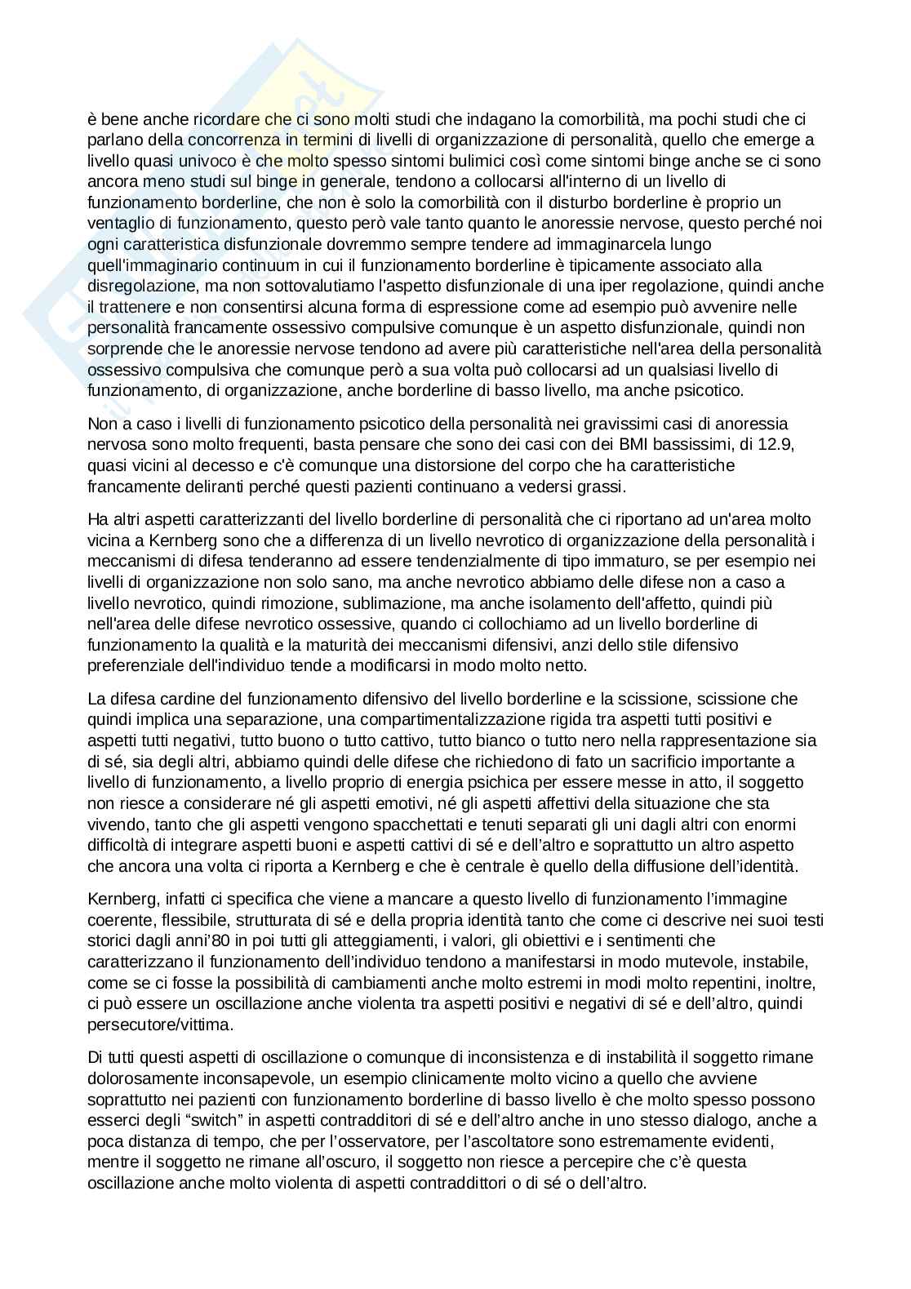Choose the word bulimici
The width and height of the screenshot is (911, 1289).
click(424, 161)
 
